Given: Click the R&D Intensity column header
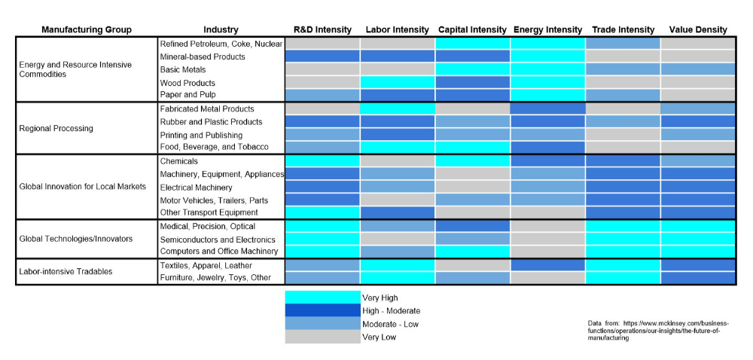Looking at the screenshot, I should [322, 30].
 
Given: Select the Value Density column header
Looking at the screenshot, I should [698, 30].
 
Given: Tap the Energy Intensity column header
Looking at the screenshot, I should [547, 30].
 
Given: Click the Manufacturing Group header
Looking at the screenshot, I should [87, 30].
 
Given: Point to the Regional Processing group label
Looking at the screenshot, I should [56, 128].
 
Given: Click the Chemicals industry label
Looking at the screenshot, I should [179, 161].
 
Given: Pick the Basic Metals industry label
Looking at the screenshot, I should [183, 69].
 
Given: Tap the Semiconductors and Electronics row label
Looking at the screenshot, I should [218, 239].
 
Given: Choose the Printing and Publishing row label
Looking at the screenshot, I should [202, 135].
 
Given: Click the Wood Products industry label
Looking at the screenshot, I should [187, 83].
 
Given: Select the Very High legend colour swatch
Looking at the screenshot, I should [322, 297].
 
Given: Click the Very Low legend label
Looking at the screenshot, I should [379, 337].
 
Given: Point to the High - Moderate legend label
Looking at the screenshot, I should [391, 311].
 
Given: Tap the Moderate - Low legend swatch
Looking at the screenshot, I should [322, 324].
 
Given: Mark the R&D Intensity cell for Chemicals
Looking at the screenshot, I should [322, 161].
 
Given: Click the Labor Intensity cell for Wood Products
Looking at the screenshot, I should [398, 82].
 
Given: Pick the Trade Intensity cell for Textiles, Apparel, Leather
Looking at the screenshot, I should [623, 265].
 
